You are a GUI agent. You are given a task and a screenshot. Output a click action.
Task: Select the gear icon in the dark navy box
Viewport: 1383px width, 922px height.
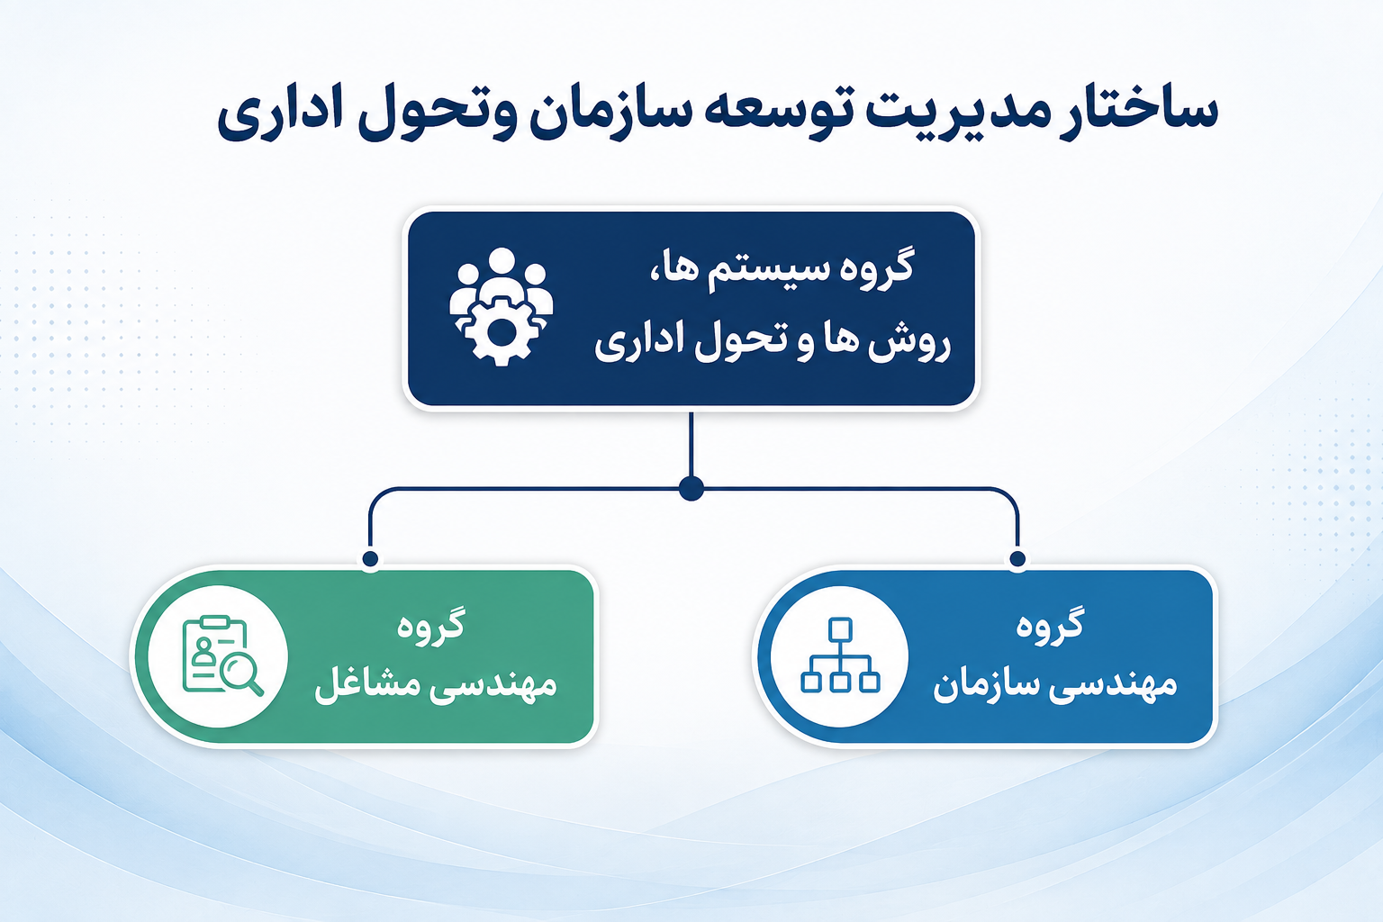coord(502,331)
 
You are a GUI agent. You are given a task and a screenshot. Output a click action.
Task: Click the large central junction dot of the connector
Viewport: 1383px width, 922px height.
coord(691,489)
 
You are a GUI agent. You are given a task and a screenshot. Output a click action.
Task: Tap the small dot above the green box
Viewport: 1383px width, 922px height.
coord(370,559)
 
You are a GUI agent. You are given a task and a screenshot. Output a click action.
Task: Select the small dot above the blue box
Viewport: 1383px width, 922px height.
coord(1017,559)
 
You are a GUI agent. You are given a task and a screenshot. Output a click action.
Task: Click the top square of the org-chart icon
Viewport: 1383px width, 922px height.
coord(840,629)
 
